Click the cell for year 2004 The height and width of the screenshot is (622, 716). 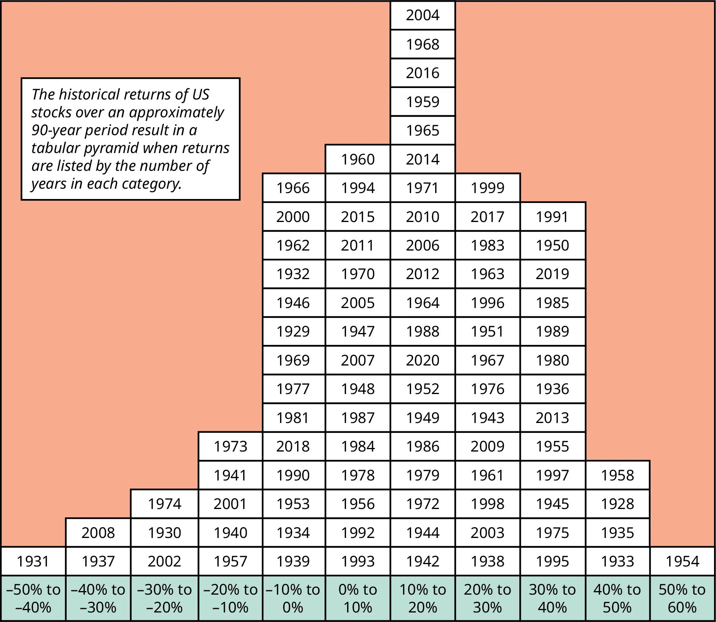[x=422, y=15]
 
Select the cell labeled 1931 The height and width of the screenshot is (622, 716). [x=33, y=561]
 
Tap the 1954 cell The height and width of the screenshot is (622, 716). [x=682, y=561]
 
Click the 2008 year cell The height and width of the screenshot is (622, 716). [x=98, y=533]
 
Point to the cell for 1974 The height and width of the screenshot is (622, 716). [x=164, y=504]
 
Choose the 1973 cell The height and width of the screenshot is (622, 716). [x=230, y=446]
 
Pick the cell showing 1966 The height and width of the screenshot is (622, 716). [x=293, y=188]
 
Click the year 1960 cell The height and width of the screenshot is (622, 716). [x=358, y=159]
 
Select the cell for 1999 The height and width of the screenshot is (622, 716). [x=488, y=188]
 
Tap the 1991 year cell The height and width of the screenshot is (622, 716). [x=552, y=217]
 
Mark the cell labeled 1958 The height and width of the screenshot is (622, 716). [x=617, y=475]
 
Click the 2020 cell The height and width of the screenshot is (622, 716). [x=422, y=360]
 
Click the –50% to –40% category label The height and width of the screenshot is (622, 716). [x=33, y=598]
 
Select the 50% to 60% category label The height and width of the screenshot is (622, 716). [x=682, y=598]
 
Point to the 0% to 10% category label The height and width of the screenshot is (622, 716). [x=358, y=598]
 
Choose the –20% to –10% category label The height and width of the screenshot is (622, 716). [x=230, y=598]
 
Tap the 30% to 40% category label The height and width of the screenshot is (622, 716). [x=552, y=598]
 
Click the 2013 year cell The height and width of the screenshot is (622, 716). [x=552, y=418]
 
